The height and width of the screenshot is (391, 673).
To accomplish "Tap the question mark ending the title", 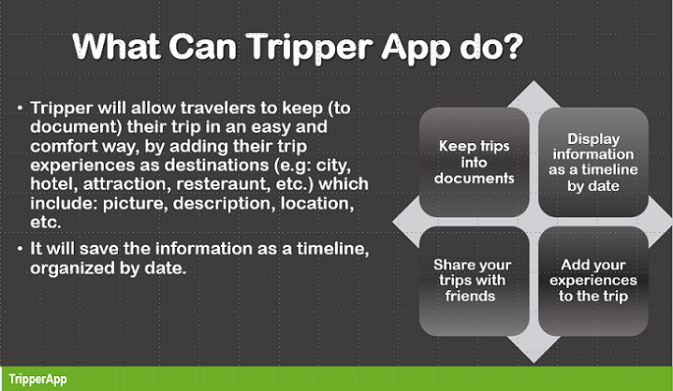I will [513, 46].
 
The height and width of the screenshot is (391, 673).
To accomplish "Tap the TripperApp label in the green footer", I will [35, 380].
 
